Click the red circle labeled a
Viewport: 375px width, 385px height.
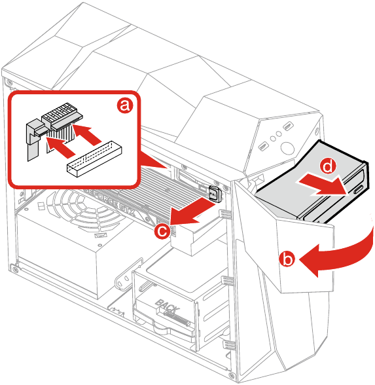(125, 106)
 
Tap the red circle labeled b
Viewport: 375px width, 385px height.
(287, 259)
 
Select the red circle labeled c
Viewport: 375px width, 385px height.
(164, 230)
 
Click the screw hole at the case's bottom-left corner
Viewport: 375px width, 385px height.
(14, 268)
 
